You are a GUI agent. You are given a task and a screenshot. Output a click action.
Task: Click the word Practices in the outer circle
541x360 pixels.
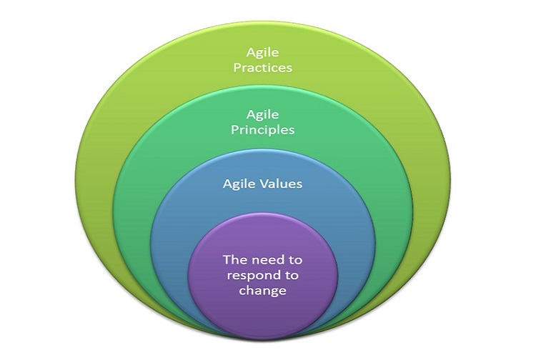262,67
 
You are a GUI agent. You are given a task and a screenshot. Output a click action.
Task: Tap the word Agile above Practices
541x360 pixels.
262,53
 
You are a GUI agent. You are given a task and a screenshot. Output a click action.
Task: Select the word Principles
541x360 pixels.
262,130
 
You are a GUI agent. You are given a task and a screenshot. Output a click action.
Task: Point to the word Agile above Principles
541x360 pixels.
262,115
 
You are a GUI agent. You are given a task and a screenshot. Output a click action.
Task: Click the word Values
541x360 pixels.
281,183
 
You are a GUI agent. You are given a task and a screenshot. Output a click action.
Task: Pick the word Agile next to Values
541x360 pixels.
239,184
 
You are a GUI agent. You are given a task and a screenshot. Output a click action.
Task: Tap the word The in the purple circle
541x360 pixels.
234,259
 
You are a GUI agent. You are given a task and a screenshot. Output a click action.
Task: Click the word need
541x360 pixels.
266,259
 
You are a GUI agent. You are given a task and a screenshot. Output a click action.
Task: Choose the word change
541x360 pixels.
262,291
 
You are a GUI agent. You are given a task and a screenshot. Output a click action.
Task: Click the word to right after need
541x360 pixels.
294,260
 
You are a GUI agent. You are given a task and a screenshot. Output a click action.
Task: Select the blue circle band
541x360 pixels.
262,204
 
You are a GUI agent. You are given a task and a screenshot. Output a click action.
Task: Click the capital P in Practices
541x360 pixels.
237,67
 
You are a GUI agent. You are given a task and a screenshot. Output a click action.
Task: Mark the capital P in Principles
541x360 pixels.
234,129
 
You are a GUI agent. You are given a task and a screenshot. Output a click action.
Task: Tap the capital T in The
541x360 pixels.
227,259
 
